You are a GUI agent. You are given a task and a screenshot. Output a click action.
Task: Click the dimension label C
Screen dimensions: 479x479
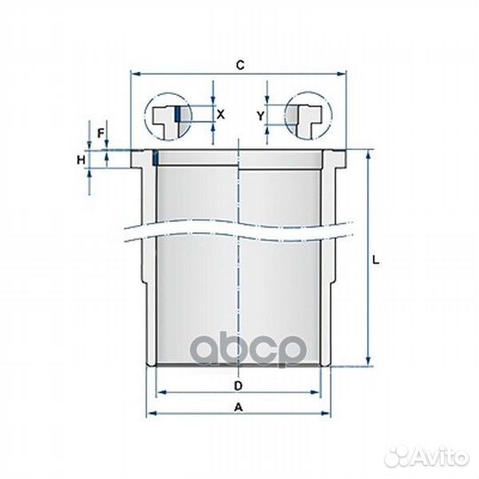pyautogui.click(x=240, y=65)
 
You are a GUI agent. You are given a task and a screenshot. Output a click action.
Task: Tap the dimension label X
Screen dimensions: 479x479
pyautogui.click(x=221, y=114)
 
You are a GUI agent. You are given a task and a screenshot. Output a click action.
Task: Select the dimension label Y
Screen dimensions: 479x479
pyautogui.click(x=260, y=115)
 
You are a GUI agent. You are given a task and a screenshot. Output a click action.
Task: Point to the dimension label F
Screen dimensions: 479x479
pyautogui.click(x=101, y=133)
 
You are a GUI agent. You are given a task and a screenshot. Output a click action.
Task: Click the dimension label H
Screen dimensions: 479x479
pyautogui.click(x=81, y=160)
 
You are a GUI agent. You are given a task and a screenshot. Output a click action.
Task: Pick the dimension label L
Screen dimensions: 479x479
pyautogui.click(x=376, y=260)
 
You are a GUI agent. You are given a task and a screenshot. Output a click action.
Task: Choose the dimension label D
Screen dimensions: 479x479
pyautogui.click(x=238, y=386)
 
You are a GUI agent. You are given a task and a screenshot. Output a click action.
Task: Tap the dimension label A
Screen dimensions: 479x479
pyautogui.click(x=239, y=407)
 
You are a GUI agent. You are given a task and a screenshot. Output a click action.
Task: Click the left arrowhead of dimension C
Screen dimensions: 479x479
pyautogui.click(x=136, y=74)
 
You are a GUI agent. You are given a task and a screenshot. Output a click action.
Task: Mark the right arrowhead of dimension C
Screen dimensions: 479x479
pyautogui.click(x=342, y=74)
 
